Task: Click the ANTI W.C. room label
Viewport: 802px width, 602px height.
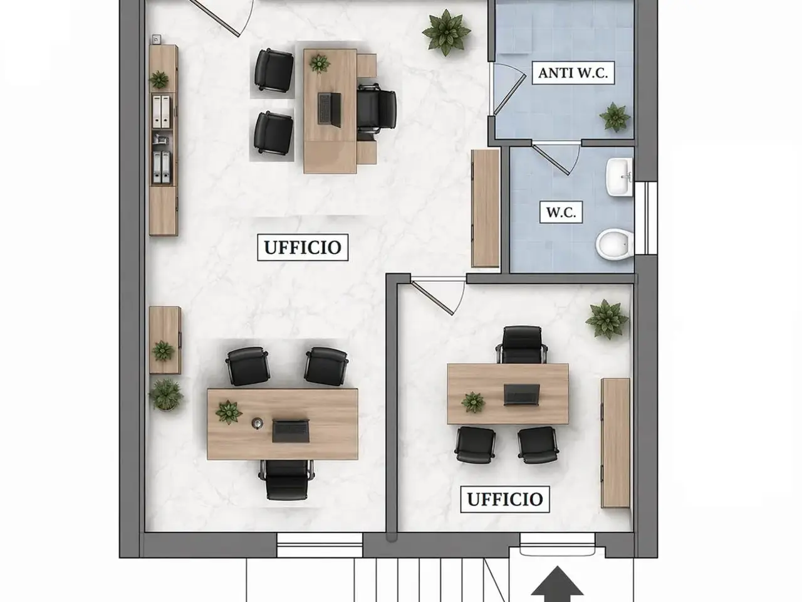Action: [573, 73]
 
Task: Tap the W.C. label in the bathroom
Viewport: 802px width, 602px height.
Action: [561, 212]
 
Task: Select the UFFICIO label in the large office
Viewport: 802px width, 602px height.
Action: [303, 248]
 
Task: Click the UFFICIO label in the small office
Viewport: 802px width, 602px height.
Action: [505, 499]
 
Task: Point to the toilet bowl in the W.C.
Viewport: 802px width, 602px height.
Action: [615, 244]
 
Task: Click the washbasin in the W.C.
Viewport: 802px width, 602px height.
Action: [619, 177]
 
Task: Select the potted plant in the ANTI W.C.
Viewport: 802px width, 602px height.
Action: [615, 117]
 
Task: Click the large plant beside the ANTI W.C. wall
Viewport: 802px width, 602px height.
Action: [446, 32]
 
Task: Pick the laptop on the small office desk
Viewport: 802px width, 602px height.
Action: [522, 394]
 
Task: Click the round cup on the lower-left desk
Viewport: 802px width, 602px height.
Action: [258, 423]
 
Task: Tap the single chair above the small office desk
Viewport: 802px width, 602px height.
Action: [522, 345]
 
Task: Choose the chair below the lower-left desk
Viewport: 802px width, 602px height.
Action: [287, 480]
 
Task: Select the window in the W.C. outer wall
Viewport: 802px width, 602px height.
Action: [646, 218]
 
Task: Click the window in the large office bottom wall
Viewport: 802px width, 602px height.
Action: [320, 545]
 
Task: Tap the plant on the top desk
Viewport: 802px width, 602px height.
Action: [320, 63]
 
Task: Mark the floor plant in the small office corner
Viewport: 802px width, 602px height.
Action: [607, 319]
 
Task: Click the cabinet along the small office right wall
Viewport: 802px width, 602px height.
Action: [616, 443]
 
